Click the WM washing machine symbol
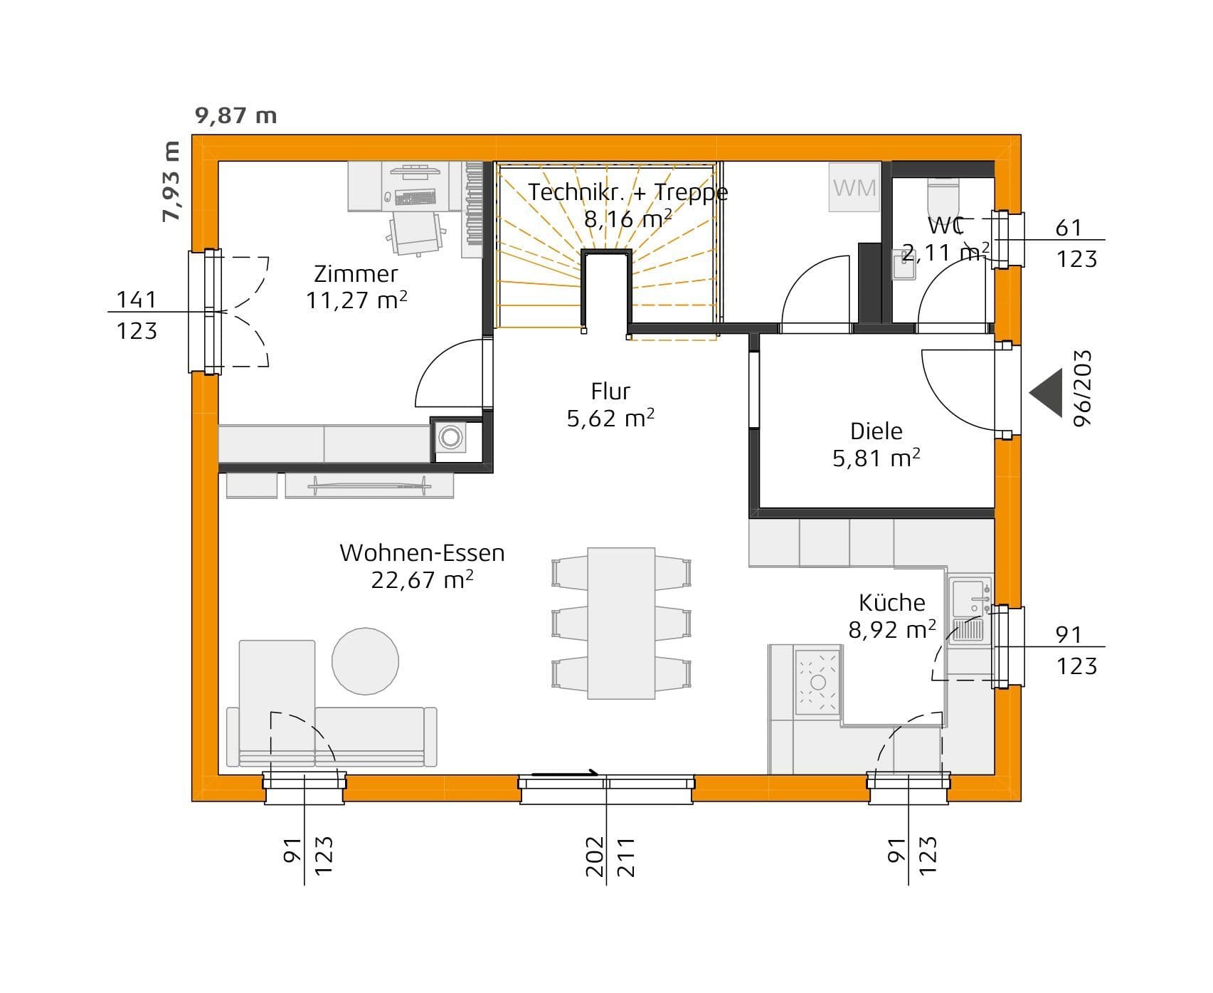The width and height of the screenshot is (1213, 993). coord(854,188)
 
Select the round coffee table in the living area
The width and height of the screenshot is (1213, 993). coord(365,661)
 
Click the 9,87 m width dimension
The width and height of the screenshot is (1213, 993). coord(236,115)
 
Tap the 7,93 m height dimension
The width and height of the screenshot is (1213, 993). coord(171,182)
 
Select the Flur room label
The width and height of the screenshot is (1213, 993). coord(610,392)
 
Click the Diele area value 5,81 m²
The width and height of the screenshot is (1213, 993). coord(876,458)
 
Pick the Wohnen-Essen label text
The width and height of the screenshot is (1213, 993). coord(422,553)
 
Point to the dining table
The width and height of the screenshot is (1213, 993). coord(621,623)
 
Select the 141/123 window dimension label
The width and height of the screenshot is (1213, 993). coord(137,314)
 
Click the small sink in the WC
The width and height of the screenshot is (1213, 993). coord(903,266)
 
